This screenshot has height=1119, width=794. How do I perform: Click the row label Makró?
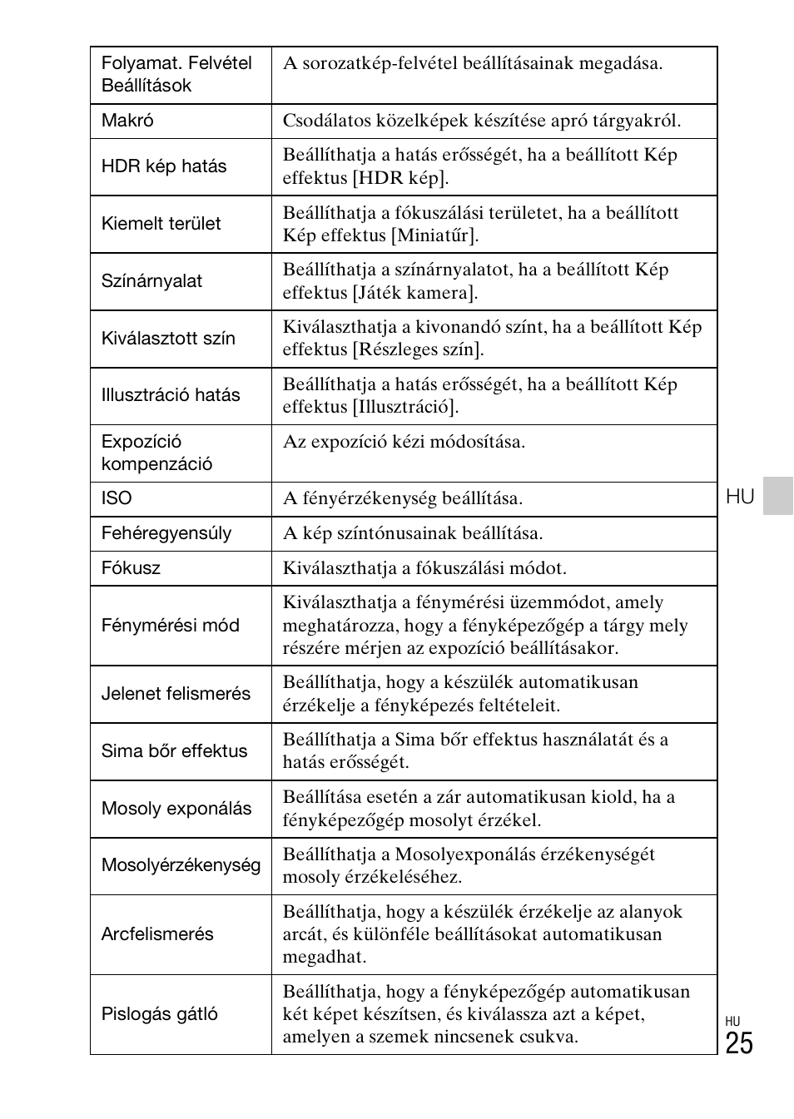click(127, 121)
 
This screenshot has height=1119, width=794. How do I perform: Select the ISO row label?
click(117, 498)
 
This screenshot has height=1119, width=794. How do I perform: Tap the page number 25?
click(738, 1043)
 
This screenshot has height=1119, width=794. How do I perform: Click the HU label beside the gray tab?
click(740, 497)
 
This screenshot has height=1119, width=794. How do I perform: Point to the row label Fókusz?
click(131, 568)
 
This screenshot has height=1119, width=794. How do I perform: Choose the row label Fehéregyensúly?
click(166, 533)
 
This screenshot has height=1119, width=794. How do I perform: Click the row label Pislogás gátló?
click(160, 1014)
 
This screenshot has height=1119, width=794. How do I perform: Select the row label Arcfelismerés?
click(157, 934)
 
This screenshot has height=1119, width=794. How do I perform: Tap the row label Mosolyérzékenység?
click(181, 865)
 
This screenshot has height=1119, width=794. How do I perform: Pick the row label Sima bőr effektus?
click(174, 751)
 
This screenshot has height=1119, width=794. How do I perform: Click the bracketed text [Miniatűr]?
click(435, 235)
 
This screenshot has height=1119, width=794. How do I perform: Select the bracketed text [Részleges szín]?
click(418, 350)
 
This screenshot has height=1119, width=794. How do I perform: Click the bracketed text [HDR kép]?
click(400, 178)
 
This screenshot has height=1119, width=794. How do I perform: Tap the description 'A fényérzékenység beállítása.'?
click(403, 498)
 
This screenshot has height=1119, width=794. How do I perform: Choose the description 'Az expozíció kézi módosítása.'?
click(404, 442)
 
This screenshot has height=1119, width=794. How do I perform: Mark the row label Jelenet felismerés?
click(176, 694)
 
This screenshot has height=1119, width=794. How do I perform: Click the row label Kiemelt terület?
click(161, 224)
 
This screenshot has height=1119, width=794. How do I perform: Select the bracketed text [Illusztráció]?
click(405, 408)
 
